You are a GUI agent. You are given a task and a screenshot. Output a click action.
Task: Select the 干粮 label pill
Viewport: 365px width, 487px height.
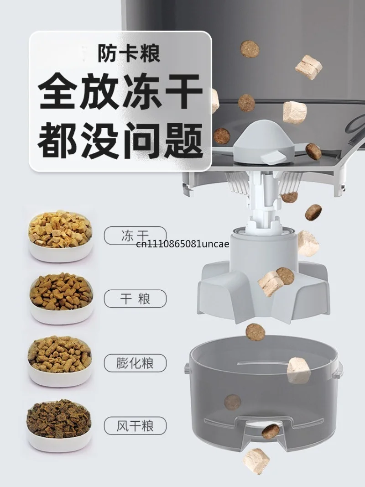135,299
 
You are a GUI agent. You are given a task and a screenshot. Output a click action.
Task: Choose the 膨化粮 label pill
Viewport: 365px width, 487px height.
135,363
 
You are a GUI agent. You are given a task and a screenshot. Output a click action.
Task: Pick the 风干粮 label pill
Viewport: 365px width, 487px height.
135,426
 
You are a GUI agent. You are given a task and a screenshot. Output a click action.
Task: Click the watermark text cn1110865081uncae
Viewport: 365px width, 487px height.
183,244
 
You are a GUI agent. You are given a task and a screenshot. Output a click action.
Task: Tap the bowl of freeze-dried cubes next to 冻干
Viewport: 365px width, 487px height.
61,236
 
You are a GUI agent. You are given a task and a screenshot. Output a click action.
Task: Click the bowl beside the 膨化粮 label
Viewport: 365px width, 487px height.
60,361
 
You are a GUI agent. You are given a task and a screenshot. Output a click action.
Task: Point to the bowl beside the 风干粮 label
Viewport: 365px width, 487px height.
59,425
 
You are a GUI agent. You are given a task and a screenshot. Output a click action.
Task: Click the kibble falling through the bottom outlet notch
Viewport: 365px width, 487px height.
271,431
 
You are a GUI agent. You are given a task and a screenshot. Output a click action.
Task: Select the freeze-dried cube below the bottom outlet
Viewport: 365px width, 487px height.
256,461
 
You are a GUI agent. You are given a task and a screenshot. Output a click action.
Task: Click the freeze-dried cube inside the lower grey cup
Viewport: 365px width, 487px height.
298,370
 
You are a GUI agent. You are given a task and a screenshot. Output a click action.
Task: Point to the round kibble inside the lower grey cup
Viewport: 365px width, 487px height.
233,402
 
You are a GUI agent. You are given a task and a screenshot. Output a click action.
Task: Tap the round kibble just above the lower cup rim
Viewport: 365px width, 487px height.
255,332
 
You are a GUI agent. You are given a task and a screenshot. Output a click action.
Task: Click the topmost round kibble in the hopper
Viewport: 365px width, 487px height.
250,49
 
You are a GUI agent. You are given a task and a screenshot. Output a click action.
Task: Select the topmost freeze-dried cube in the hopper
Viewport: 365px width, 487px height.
308,67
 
